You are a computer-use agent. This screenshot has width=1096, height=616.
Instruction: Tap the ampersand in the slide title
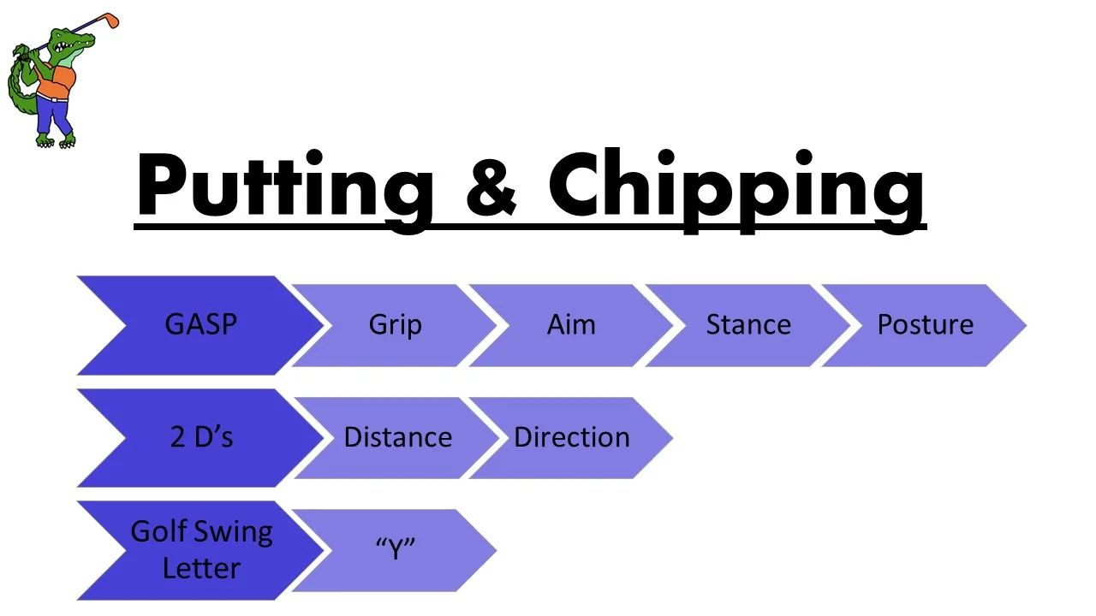pos(491,187)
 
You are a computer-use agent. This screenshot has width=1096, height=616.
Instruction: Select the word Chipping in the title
pos(736,187)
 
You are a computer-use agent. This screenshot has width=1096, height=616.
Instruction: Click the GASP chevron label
pos(200,325)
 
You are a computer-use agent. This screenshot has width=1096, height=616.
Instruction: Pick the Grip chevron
pos(395,325)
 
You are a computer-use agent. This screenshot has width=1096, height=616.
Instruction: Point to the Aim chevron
pos(571,325)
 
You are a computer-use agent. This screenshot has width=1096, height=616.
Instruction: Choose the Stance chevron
pos(748,325)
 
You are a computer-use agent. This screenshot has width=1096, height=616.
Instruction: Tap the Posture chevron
pos(925,325)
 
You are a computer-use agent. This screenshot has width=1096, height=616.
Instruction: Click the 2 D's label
pos(200,437)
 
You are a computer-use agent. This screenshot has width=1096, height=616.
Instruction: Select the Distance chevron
pos(397,437)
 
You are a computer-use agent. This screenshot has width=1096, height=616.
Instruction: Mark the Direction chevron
pos(571,437)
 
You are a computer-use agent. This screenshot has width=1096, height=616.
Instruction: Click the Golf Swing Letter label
pos(200,549)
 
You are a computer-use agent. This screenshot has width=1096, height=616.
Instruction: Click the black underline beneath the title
pos(531,227)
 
